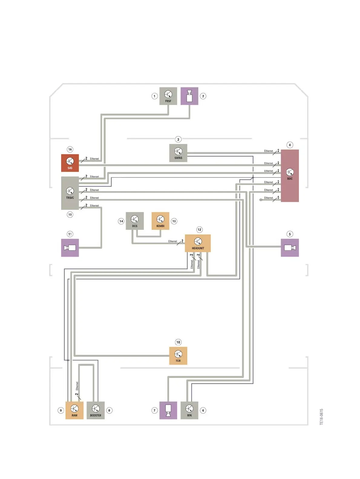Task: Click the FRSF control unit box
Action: tap(168, 96)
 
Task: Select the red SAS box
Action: tap(70, 163)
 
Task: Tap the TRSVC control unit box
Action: tap(70, 193)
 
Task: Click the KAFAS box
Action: tap(178, 153)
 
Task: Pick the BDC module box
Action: tap(290, 176)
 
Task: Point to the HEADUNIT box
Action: tap(198, 243)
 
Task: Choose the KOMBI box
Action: tap(160, 221)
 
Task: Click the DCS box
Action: tap(135, 221)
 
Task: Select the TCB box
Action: tap(178, 356)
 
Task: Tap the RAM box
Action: tap(74, 410)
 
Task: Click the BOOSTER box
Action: tap(96, 410)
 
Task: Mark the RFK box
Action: tap(189, 410)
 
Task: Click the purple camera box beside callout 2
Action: tap(189, 96)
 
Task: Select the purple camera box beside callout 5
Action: tap(290, 248)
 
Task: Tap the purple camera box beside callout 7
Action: tap(168, 410)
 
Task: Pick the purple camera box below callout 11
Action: tap(70, 248)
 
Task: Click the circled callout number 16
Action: tap(70, 149)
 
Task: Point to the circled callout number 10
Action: tap(178, 342)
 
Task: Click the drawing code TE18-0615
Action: tap(322, 417)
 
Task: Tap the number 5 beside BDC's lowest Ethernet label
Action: tap(278, 197)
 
